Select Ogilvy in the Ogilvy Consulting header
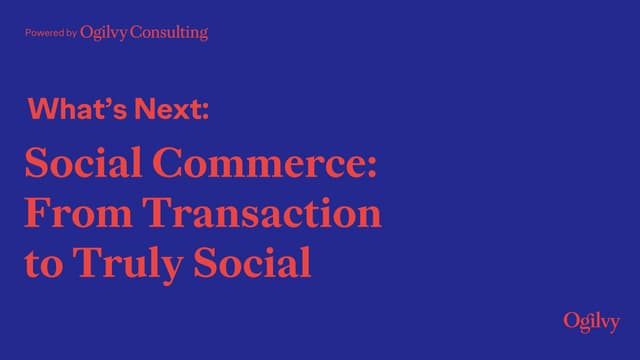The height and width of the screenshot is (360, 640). (104, 33)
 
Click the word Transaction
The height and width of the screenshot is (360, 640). (261, 213)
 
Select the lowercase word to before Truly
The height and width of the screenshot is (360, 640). (41, 265)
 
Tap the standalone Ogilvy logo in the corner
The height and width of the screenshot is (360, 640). (591, 321)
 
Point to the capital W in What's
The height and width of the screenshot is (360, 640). (44, 109)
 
